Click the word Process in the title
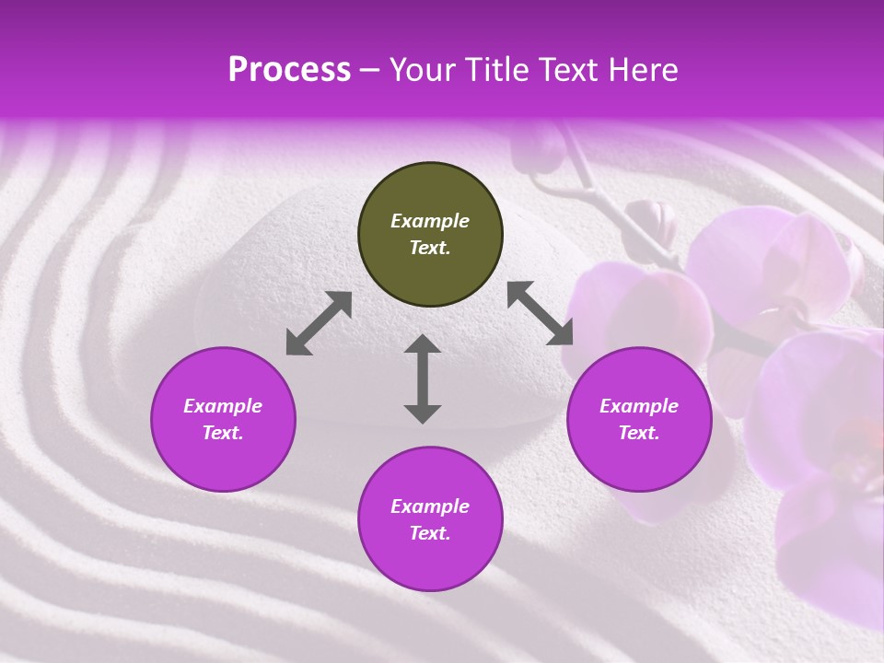coord(289,70)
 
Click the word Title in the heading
coord(491,70)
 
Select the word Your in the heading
coord(420,70)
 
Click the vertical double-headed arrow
coord(423,378)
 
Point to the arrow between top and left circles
coord(319,323)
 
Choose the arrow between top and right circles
coord(541,313)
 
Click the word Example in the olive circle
coord(430,221)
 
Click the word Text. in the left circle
coord(223,433)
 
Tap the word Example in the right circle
coord(639,406)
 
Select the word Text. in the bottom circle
coord(430,533)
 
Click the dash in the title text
coord(369,70)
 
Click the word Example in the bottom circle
coord(430,506)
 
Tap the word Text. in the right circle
coord(639,433)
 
